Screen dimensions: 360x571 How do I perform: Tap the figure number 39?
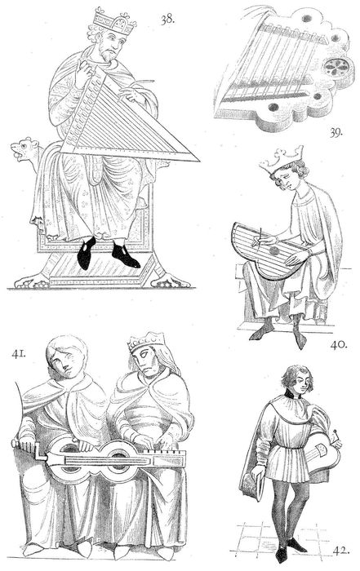[x=336, y=132]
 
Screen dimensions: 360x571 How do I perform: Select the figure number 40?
[x=339, y=344]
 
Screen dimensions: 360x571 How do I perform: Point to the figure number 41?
[x=18, y=353]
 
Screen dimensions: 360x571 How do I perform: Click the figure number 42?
[x=341, y=551]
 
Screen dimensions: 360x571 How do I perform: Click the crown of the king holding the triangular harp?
[x=114, y=21]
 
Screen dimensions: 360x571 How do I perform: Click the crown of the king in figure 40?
[x=282, y=159]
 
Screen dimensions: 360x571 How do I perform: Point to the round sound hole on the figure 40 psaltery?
[x=274, y=251]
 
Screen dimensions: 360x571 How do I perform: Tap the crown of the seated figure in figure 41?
[x=146, y=342]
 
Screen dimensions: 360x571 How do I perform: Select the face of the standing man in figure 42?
[x=299, y=383]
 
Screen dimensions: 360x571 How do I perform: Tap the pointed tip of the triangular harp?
[x=199, y=160]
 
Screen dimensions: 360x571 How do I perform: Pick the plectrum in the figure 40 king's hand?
[x=260, y=237]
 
